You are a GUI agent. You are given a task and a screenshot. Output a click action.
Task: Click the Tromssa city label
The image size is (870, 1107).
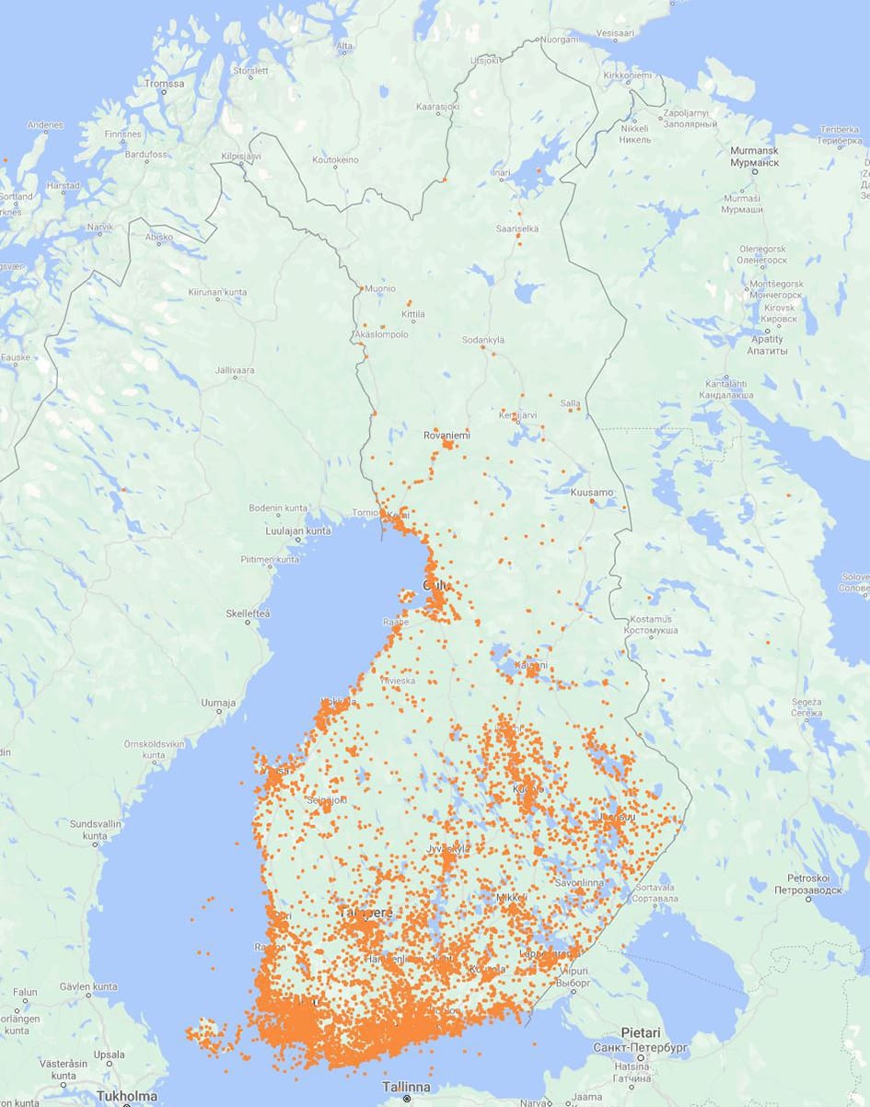pos(164,84)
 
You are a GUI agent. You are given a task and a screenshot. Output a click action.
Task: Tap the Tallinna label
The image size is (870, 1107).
pos(406,1087)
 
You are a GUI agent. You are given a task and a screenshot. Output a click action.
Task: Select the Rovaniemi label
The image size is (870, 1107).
pos(446,434)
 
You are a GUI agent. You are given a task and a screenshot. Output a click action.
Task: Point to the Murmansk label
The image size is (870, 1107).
pos(753,150)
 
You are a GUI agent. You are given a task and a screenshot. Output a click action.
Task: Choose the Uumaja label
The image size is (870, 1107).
pos(218,703)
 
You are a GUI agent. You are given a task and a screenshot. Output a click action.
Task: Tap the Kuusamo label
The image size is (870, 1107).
pos(591,493)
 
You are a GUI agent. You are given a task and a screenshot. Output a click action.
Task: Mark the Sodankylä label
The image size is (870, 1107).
pos(483,340)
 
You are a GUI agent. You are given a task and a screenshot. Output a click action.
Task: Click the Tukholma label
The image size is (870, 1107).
pos(126,1096)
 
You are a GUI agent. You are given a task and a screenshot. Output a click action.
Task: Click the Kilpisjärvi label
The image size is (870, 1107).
pos(241,157)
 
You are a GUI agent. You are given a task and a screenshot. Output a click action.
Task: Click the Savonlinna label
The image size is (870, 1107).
pos(578,882)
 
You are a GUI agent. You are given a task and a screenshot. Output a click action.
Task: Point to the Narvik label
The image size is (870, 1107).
pos(99,227)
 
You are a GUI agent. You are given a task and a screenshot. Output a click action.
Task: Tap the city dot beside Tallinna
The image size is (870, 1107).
pos(406,1099)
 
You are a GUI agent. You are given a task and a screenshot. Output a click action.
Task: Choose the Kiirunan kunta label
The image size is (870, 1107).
pos(217,292)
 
